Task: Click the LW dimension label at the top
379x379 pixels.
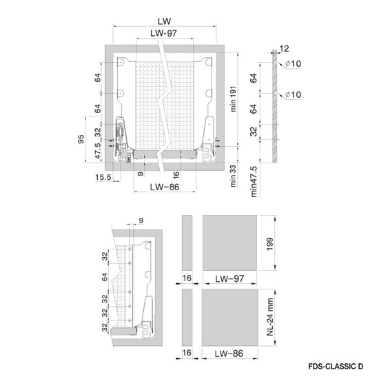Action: click(165, 21)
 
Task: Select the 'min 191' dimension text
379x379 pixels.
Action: click(233, 99)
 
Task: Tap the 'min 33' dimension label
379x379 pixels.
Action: click(233, 176)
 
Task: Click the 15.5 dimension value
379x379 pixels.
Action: click(103, 177)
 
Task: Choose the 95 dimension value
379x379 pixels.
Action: click(81, 139)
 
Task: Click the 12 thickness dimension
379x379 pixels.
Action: click(284, 49)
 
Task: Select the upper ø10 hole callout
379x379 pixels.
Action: click(293, 63)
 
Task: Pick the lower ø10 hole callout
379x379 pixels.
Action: click(293, 94)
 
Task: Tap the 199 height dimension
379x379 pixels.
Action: click(269, 244)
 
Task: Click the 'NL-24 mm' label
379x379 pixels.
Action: click(269, 317)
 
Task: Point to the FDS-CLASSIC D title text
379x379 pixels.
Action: click(336, 367)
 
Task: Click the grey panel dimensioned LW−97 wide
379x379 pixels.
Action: click(229, 243)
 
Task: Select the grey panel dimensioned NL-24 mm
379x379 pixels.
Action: click(230, 317)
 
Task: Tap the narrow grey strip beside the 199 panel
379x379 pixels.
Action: click(187, 243)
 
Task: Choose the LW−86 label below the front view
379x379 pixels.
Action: click(165, 187)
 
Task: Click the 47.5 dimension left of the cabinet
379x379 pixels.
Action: click(97, 151)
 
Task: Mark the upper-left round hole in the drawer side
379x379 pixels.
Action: click(121, 62)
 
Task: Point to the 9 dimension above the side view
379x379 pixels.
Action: click(141, 221)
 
